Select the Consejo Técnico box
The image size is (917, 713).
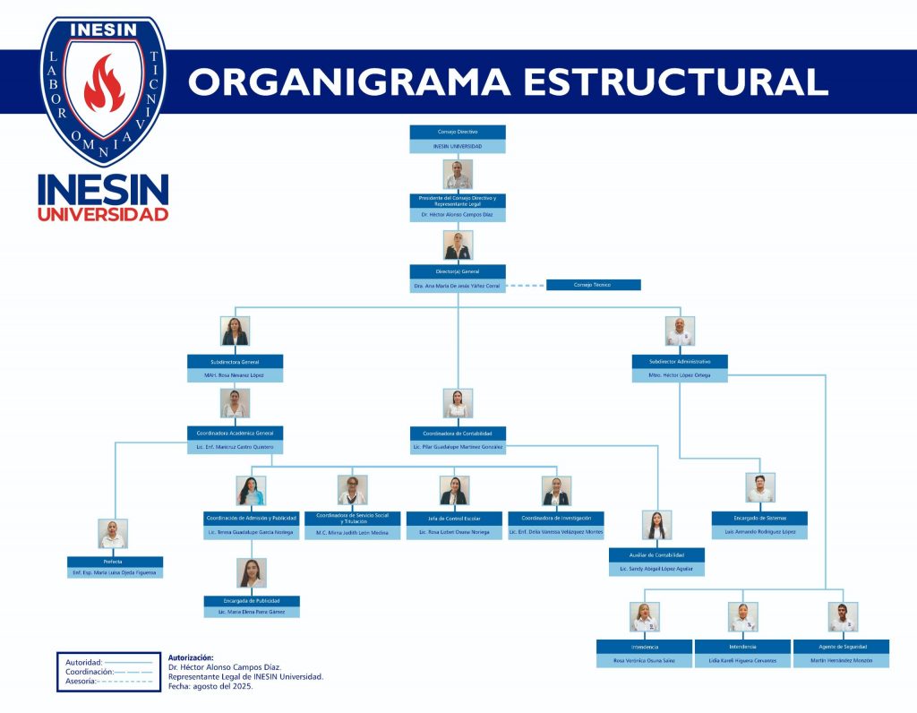click(x=593, y=285)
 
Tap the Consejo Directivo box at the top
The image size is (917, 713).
click(x=458, y=132)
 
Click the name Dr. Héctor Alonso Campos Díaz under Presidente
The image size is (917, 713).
click(x=458, y=215)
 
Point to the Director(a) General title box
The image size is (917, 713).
click(x=458, y=271)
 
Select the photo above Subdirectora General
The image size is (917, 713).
click(x=235, y=331)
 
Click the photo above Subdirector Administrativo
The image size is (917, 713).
click(x=680, y=331)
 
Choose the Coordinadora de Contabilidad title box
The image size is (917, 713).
click(x=458, y=433)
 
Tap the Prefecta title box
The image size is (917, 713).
click(x=113, y=562)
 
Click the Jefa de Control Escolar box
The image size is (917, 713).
click(x=454, y=519)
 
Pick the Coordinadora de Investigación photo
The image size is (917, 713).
click(x=556, y=491)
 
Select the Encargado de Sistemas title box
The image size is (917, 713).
click(x=759, y=518)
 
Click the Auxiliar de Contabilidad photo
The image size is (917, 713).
click(x=656, y=526)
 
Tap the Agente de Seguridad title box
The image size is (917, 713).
click(x=841, y=646)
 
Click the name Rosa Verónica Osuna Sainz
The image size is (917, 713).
click(x=644, y=661)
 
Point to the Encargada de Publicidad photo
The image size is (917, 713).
click(x=252, y=573)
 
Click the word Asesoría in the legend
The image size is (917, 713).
click(x=80, y=682)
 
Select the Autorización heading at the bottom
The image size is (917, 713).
click(x=191, y=657)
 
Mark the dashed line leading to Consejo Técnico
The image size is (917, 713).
click(x=526, y=286)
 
